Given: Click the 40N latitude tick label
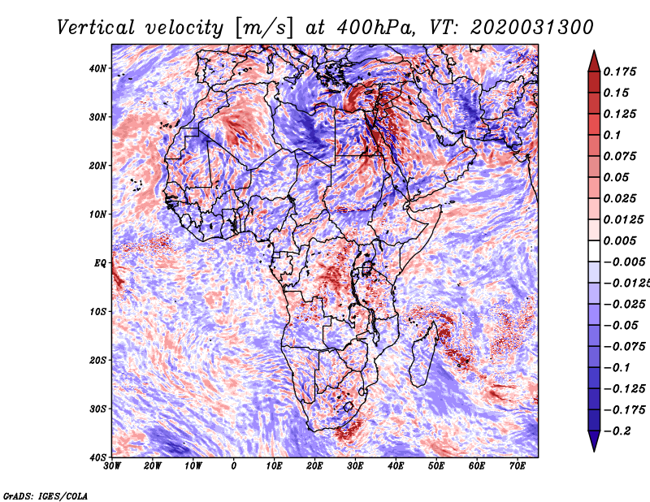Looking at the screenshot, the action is pyautogui.click(x=97, y=68).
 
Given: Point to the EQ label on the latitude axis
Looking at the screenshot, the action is pyautogui.click(x=100, y=263).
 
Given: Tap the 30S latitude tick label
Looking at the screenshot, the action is pyautogui.click(x=97, y=409).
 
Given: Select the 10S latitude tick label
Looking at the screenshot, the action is pyautogui.click(x=97, y=311).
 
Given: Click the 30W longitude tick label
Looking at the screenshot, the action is pyautogui.click(x=112, y=466).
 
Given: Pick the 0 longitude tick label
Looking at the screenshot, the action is pyautogui.click(x=234, y=466).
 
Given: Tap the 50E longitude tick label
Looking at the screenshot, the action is pyautogui.click(x=436, y=466).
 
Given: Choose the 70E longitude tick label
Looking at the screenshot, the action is pyautogui.click(x=517, y=466).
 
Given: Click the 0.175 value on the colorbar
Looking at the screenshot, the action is pyautogui.click(x=619, y=71).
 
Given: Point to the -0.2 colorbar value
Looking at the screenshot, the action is pyautogui.click(x=617, y=431).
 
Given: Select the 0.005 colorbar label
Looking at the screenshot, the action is pyautogui.click(x=619, y=240).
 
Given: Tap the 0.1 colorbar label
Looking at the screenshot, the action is pyautogui.click(x=612, y=135).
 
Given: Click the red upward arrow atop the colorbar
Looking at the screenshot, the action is pyautogui.click(x=594, y=62).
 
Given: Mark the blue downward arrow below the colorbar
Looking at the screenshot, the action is pyautogui.click(x=594, y=441).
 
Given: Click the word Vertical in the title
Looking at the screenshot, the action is pyautogui.click(x=95, y=28).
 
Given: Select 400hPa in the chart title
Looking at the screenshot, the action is pyautogui.click(x=375, y=28).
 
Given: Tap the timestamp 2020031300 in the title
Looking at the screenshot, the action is pyautogui.click(x=532, y=28).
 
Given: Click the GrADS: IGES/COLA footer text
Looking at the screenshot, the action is pyautogui.click(x=45, y=496).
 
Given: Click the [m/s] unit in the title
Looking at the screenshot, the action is pyautogui.click(x=264, y=28).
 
